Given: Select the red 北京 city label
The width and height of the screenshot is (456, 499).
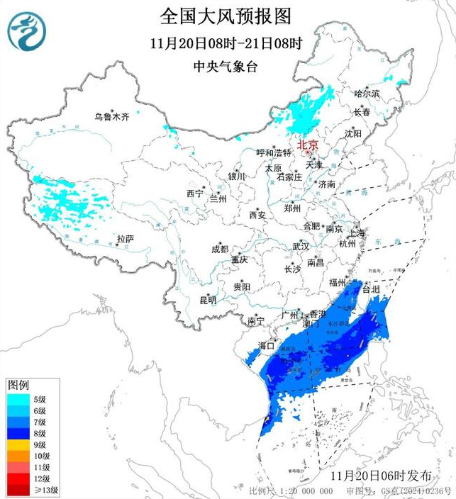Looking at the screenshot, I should pos(308,142).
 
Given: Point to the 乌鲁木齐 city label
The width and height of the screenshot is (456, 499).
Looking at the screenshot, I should pos(112,116).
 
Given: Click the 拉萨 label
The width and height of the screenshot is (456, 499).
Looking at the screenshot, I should pos(125,239).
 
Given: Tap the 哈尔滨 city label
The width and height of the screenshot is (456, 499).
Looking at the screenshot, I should pos(367,93).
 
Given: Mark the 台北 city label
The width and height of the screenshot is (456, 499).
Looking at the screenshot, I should pos(371,289).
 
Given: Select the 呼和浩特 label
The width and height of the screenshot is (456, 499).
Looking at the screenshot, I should pos(273,152).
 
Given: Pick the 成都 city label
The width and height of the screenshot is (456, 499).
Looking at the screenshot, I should pos(220,249).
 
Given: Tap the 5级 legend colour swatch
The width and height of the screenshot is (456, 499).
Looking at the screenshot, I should pos(17,399).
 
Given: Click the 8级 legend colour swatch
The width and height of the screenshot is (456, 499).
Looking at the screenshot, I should pos(17,433).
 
